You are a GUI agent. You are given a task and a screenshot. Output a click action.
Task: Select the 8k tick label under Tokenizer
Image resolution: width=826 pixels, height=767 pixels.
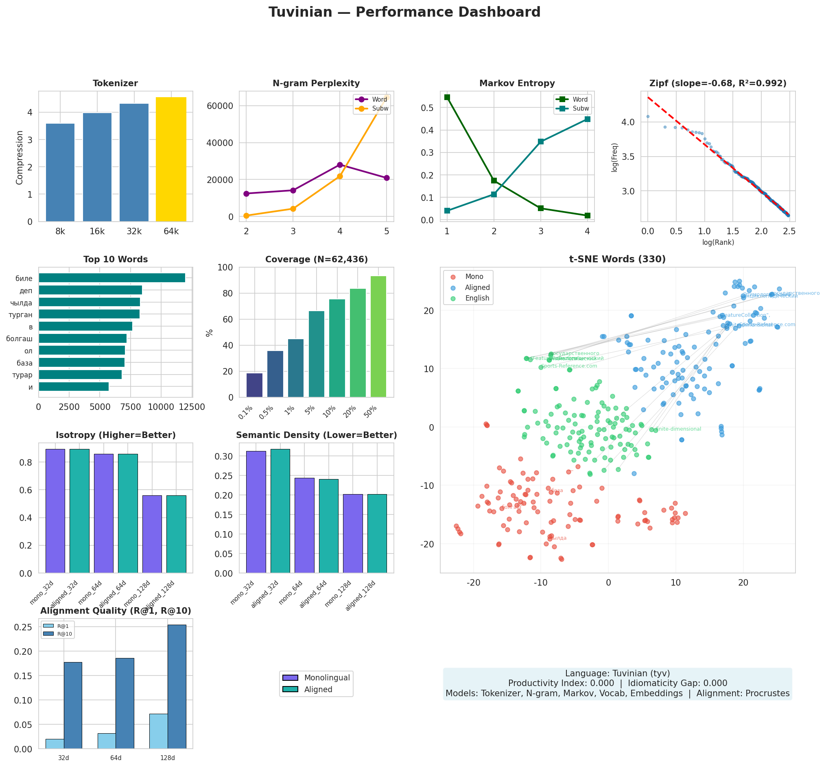pyautogui.click(x=60, y=231)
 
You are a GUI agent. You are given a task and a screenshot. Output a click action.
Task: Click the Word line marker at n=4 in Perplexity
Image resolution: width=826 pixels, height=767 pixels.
pyautogui.click(x=339, y=165)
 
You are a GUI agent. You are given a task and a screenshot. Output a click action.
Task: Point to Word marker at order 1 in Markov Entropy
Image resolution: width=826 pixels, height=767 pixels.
pyautogui.click(x=446, y=97)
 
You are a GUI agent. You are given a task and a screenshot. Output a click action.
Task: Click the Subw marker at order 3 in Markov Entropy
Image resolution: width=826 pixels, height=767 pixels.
pyautogui.click(x=540, y=142)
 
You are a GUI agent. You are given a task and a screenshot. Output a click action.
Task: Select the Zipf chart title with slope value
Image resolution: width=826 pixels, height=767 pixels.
pyautogui.click(x=717, y=83)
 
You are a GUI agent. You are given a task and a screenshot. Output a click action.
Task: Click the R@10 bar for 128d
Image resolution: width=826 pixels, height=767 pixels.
pyautogui.click(x=177, y=686)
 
